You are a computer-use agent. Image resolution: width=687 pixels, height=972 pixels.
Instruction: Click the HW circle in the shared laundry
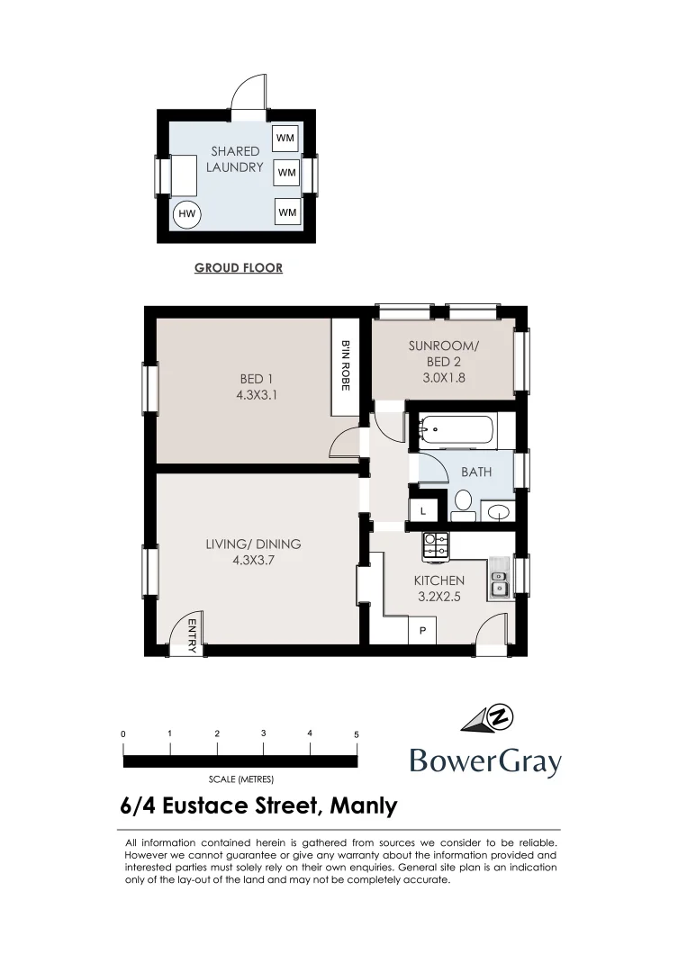187,214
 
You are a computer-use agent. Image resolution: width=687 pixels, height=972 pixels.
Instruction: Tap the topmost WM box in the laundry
286,138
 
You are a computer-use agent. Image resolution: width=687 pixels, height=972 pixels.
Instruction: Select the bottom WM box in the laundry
286,211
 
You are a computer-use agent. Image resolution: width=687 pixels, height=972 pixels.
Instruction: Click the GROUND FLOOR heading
239,267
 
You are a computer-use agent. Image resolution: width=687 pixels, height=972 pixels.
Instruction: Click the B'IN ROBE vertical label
344,365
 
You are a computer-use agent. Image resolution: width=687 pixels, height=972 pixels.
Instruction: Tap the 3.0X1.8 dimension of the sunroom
444,378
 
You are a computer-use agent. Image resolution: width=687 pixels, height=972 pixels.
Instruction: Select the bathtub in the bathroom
454,431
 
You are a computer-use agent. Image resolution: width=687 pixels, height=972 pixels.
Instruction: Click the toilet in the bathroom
463,502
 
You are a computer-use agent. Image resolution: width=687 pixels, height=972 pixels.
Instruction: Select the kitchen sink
499,581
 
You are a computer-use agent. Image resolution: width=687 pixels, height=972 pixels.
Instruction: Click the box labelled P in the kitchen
422,632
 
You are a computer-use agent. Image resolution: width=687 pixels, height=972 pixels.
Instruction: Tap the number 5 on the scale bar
357,734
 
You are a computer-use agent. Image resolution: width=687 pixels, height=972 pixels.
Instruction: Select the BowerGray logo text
485,761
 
